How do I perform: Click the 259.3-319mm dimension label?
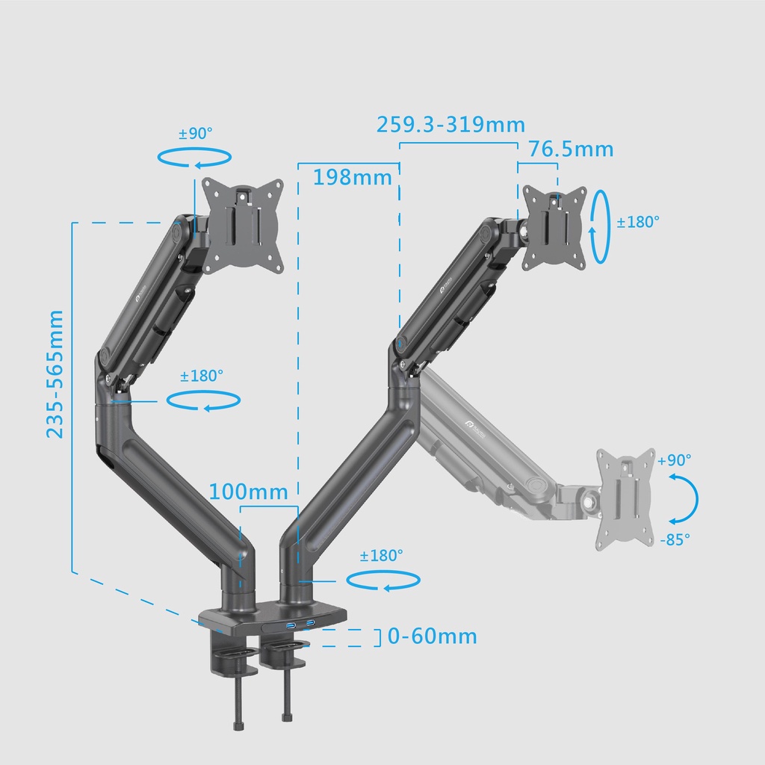click(450, 125)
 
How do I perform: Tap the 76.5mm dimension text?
click(572, 149)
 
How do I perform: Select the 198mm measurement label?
click(353, 177)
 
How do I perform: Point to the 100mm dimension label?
click(248, 492)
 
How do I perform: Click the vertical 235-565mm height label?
click(55, 374)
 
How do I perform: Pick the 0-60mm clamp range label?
click(433, 637)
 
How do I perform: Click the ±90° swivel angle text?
click(196, 133)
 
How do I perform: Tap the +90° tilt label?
click(675, 460)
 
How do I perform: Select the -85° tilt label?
click(675, 539)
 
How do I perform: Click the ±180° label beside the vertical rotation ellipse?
click(638, 222)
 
